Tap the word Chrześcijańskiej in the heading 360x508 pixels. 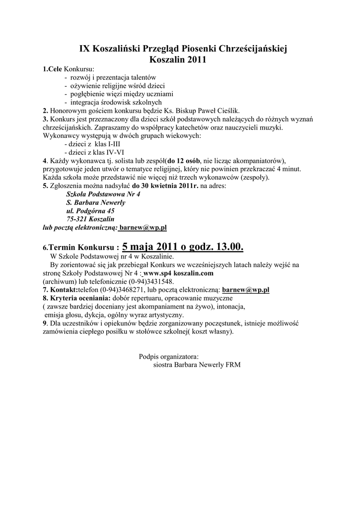(252, 49)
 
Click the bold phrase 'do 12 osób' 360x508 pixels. (184, 161)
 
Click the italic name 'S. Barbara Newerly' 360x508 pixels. (95, 202)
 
